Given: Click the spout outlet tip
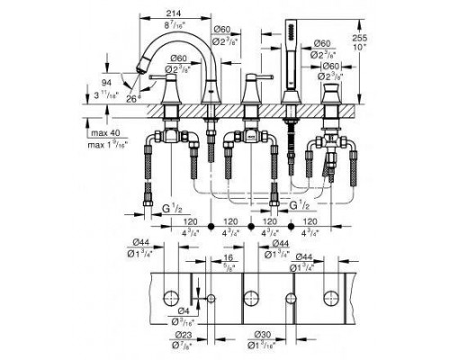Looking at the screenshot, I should point(141,69).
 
